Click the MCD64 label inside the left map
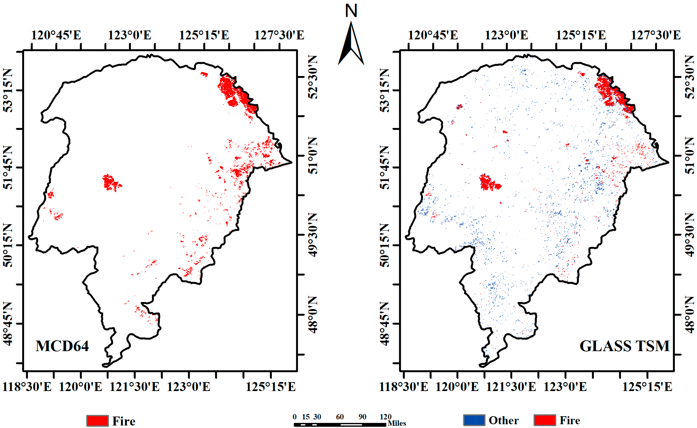point(62,346)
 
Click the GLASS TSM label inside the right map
point(624,346)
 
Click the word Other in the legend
point(504,420)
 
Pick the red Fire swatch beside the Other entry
point(545,420)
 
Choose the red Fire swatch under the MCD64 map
point(97,421)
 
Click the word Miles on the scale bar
point(397,423)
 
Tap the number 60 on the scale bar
point(340,417)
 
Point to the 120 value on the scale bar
point(385,417)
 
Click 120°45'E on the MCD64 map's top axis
point(56,35)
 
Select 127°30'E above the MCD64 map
point(279,35)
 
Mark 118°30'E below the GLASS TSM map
point(404,387)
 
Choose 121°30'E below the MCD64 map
point(134,387)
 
